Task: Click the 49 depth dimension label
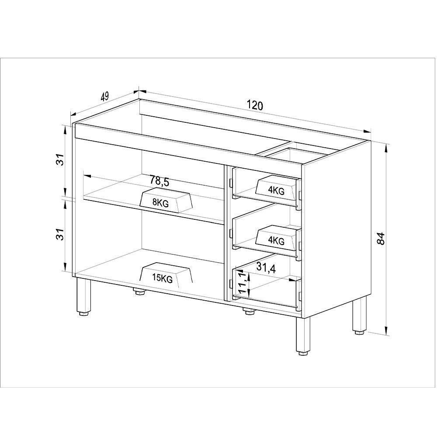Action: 104,97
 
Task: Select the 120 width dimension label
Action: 255,105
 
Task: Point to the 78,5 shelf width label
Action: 159,180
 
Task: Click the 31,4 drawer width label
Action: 266,268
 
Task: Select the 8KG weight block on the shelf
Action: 166,201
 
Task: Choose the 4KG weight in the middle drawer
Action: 277,238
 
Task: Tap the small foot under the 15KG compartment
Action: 139,291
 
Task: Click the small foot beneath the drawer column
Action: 248,311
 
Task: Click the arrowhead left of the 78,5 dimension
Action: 87,177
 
